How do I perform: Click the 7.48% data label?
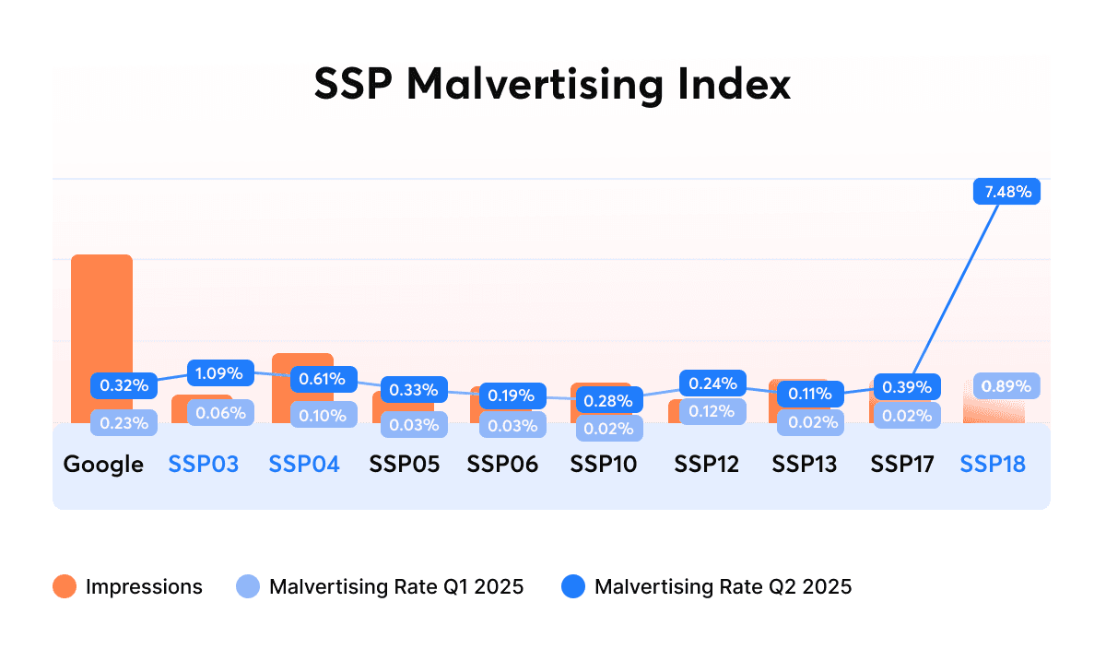tap(1007, 192)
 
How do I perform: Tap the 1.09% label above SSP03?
tap(219, 374)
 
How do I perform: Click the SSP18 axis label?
tap(993, 464)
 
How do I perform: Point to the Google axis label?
tap(103, 464)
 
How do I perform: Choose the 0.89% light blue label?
tap(1006, 386)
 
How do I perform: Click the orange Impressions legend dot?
tap(65, 586)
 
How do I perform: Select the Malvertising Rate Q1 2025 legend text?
tap(396, 586)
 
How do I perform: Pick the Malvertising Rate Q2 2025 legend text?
tap(724, 586)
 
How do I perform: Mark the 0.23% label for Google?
tap(124, 422)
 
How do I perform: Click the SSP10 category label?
tap(603, 464)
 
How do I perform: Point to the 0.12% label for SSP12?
tap(712, 411)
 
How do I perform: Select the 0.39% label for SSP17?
tap(907, 387)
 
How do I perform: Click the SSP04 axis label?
tap(304, 464)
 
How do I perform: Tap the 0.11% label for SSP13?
tap(811, 395)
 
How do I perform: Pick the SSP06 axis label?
tap(502, 464)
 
